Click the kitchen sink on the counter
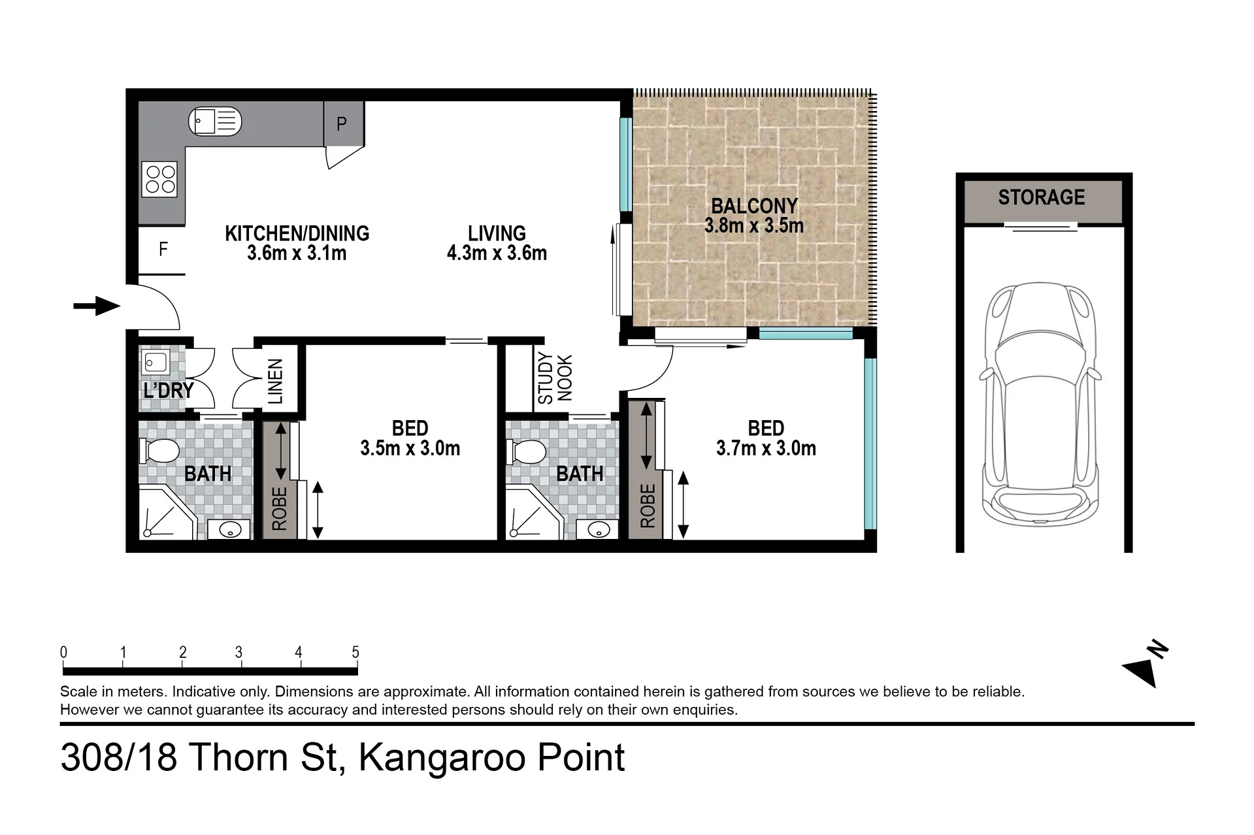pos(215,122)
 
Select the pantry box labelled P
pos(344,124)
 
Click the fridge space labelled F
pos(162,250)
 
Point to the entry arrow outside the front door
pos(97,306)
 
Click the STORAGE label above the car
pos(1041,197)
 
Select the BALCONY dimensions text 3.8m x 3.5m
pos(754,226)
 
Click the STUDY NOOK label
pos(555,378)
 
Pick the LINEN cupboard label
pos(276,382)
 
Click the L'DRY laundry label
pos(169,391)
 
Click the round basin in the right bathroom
pos(599,529)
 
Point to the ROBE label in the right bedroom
pos(648,506)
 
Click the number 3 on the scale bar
pos(239,652)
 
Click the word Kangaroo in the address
pos(442,758)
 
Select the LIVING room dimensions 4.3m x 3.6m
pos(497,254)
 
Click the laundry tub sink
pos(156,361)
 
